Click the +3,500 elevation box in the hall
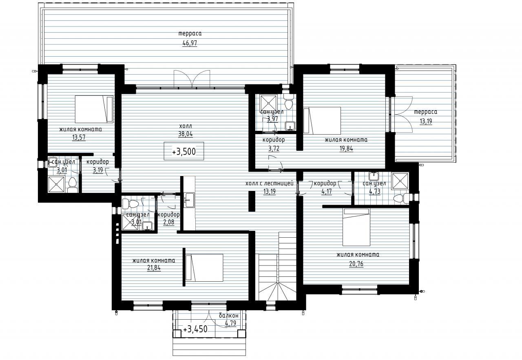[184, 151]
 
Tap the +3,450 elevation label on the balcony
[195, 329]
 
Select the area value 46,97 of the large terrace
[190, 43]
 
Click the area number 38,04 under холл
[186, 134]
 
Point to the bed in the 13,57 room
[94, 109]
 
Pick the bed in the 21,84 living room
[204, 268]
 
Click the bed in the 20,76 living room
[356, 227]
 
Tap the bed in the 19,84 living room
[322, 121]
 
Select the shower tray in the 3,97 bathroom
[268, 103]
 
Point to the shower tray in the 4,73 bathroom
[400, 181]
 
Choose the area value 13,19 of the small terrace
[426, 121]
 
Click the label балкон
[229, 316]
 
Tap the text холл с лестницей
[270, 183]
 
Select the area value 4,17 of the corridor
[327, 192]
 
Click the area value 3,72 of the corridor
[274, 148]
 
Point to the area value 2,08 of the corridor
[169, 222]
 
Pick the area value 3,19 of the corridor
[98, 170]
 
